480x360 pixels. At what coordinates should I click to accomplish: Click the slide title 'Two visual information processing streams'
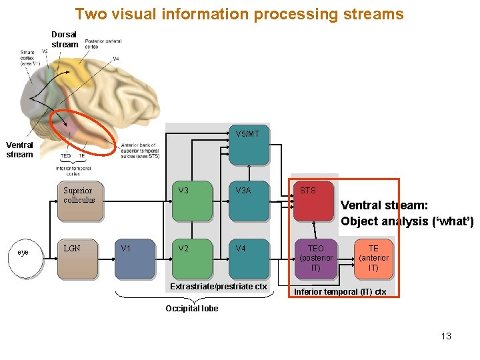point(239,14)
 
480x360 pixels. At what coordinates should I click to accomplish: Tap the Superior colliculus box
point(79,201)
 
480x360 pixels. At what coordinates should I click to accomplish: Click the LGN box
point(77,259)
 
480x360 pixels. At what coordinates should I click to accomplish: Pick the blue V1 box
point(134,259)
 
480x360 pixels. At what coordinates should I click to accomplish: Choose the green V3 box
point(191,201)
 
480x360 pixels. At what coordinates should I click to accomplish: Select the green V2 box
point(191,259)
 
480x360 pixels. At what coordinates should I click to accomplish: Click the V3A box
point(248,201)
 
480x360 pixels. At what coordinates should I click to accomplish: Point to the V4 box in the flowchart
point(248,259)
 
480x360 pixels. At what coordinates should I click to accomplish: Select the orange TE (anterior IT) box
point(373,259)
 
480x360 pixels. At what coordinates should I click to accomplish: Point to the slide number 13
point(446,336)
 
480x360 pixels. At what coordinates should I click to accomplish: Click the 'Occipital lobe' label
point(191,309)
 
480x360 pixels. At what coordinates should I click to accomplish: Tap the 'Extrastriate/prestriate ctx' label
point(218,287)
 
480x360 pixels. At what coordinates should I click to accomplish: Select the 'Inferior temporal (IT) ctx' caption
point(340,292)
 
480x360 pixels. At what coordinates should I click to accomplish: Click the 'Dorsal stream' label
point(64,39)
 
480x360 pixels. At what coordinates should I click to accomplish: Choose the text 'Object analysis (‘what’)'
point(407,221)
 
